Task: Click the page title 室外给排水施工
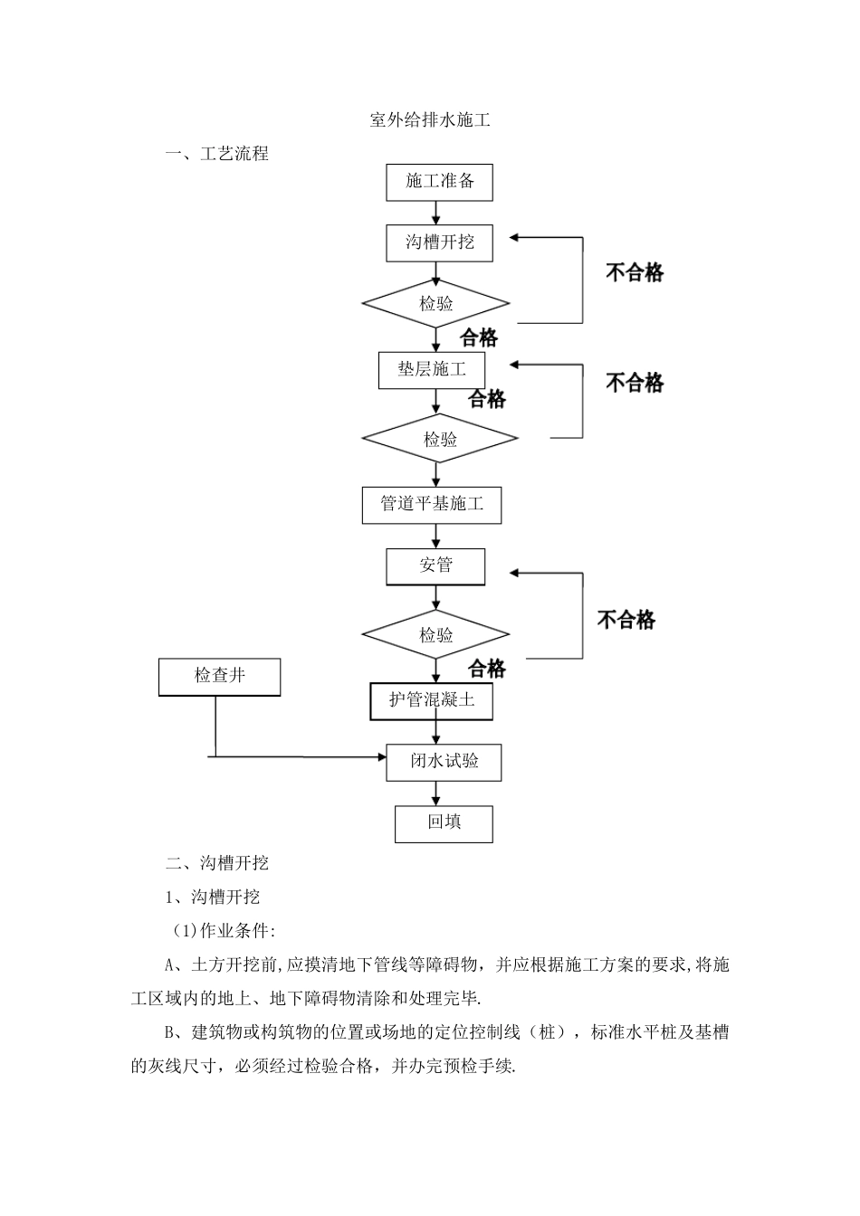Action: click(x=430, y=119)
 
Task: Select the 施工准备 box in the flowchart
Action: click(x=439, y=182)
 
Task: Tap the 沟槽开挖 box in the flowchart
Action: click(x=439, y=242)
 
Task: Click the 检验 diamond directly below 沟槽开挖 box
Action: click(x=436, y=304)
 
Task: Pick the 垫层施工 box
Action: click(x=432, y=370)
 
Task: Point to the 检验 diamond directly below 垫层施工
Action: click(x=440, y=440)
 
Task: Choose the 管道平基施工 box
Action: click(x=432, y=504)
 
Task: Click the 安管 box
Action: click(x=435, y=566)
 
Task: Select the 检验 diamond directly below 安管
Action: click(x=436, y=635)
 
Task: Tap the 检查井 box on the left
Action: click(x=219, y=677)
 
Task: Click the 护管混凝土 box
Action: click(x=431, y=700)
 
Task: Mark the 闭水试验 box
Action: click(x=444, y=762)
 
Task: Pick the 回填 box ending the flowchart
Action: click(x=444, y=823)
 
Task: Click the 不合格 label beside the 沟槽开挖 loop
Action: click(x=635, y=272)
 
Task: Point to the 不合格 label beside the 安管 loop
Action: click(x=626, y=620)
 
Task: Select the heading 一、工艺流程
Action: click(x=217, y=154)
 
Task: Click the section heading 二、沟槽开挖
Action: click(x=217, y=863)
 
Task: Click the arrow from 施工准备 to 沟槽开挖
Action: click(x=436, y=213)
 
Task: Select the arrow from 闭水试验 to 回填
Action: click(x=436, y=793)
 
